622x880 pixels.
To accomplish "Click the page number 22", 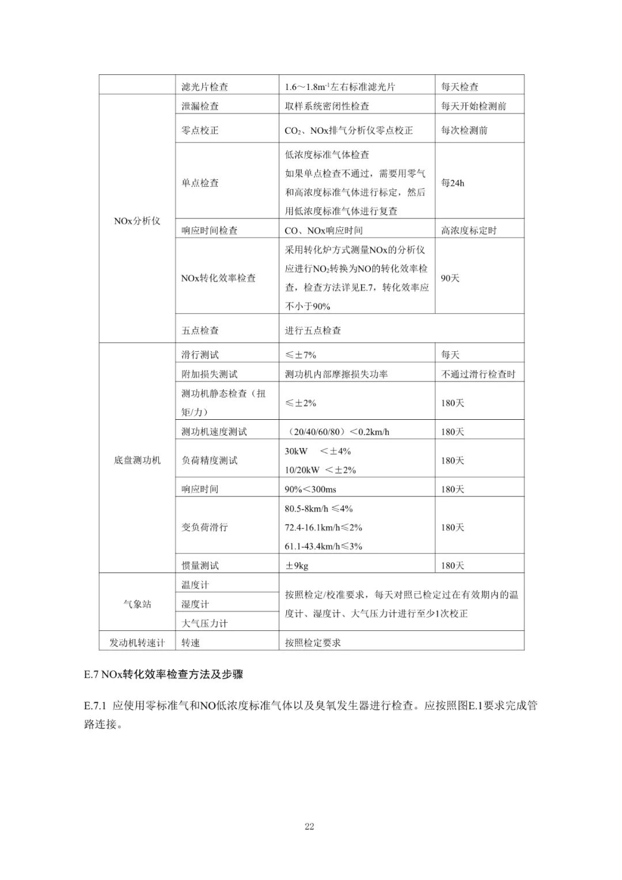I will pyautogui.click(x=309, y=826).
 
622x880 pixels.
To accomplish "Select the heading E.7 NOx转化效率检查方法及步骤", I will pyautogui.click(x=163, y=674).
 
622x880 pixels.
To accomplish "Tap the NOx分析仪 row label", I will pyautogui.click(x=137, y=221).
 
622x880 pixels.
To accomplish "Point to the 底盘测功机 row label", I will pyautogui.click(x=137, y=460).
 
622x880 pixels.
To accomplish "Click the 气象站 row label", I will pyautogui.click(x=137, y=604).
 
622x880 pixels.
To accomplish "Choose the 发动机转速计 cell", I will pyautogui.click(x=137, y=642).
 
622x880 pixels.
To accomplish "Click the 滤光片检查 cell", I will pyautogui.click(x=204, y=87).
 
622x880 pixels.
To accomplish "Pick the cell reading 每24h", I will pyautogui.click(x=453, y=183).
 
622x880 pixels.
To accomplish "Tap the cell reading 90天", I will pyautogui.click(x=450, y=278).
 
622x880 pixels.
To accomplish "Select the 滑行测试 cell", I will pyautogui.click(x=200, y=355).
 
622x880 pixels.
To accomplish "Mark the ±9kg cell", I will pyautogui.click(x=297, y=566).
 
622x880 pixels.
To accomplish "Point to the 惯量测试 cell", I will pyautogui.click(x=200, y=566).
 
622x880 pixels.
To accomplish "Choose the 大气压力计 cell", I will pyautogui.click(x=204, y=623).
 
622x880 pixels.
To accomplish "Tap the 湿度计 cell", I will pyautogui.click(x=195, y=604).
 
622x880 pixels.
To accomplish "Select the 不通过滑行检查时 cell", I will pyautogui.click(x=478, y=374).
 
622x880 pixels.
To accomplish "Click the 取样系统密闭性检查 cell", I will pyautogui.click(x=327, y=106).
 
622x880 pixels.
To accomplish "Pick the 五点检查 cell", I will pyautogui.click(x=200, y=330).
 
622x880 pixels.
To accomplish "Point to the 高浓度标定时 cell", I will pyautogui.click(x=468, y=230).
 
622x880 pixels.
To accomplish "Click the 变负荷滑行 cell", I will pyautogui.click(x=204, y=527).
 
